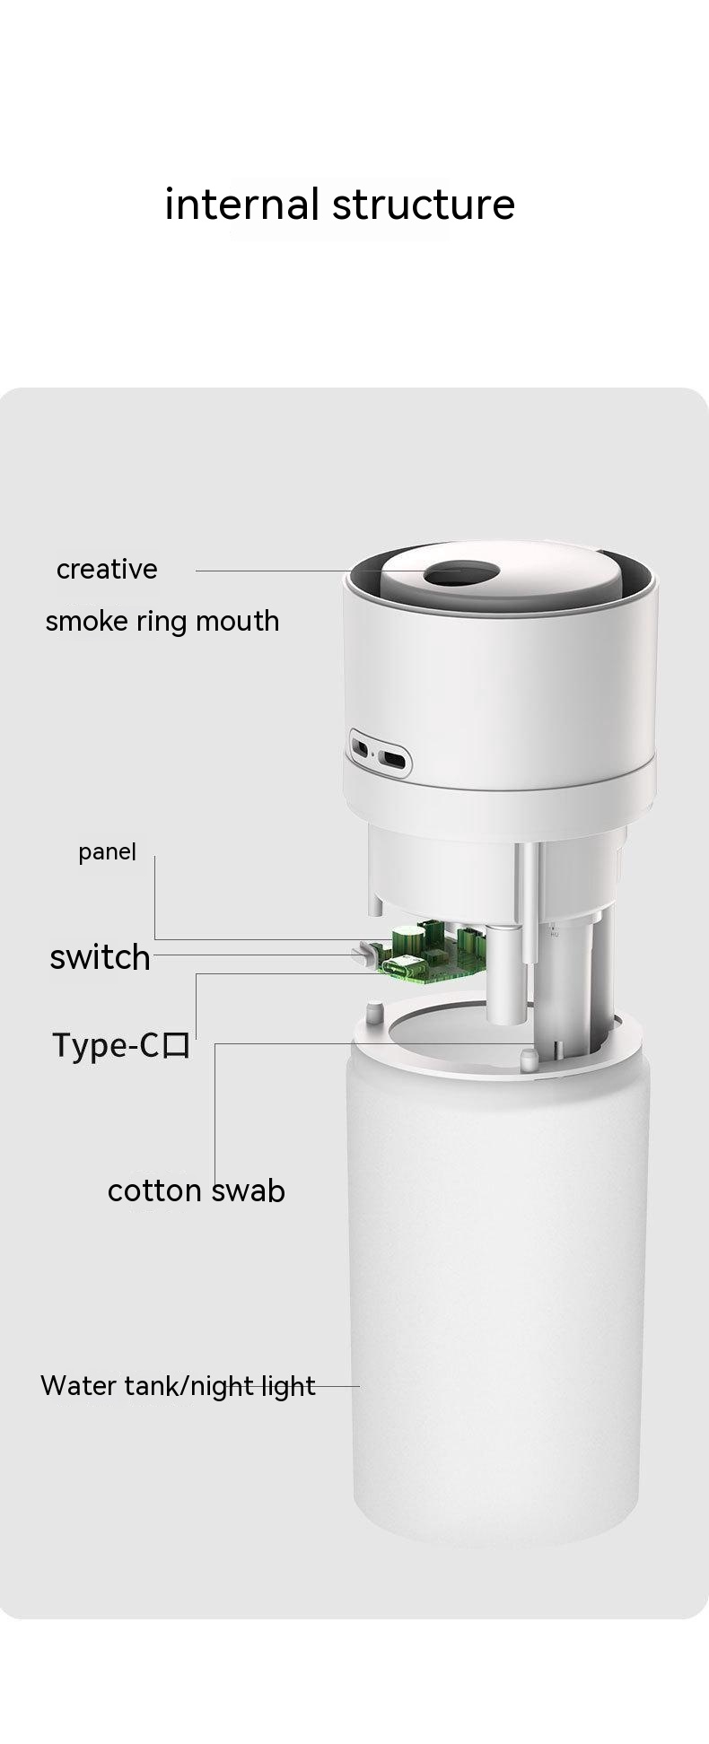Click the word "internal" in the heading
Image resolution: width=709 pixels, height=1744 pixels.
242,205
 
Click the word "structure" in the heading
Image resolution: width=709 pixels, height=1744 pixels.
424,205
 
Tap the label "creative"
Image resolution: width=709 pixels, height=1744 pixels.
107,569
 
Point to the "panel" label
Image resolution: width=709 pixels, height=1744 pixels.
107,852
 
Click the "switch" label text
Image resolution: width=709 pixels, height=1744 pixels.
100,957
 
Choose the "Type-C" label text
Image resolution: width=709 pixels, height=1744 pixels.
105,1045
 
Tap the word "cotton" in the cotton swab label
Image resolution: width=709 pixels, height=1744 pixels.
154,1190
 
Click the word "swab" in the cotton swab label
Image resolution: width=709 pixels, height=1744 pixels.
248,1190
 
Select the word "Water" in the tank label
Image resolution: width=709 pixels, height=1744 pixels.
79,1385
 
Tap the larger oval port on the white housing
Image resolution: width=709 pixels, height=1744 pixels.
393,758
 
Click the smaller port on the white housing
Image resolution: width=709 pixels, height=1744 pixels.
361,747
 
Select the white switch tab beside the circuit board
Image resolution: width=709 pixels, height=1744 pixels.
364,954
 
